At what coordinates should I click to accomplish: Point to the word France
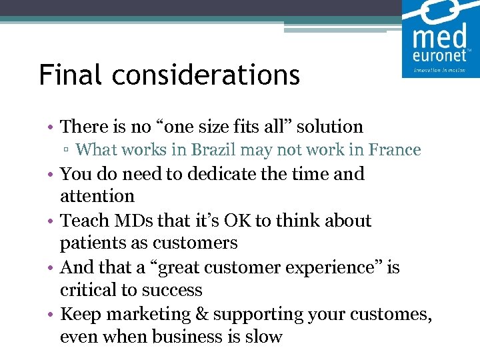click(x=397, y=149)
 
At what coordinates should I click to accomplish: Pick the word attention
click(x=97, y=196)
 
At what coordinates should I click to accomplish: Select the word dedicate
click(x=199, y=173)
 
